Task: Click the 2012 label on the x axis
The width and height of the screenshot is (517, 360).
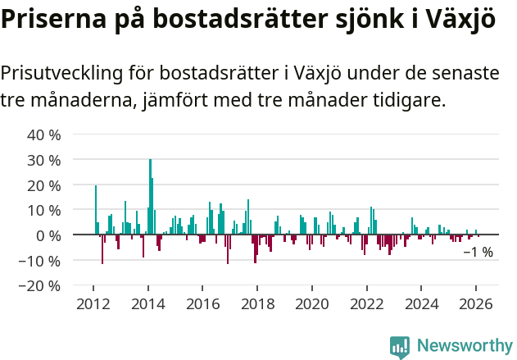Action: click(x=93, y=303)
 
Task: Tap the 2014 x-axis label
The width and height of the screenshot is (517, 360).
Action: click(x=147, y=303)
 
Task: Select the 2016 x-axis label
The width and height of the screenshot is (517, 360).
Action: click(x=202, y=303)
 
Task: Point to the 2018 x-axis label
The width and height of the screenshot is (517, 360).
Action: click(x=257, y=303)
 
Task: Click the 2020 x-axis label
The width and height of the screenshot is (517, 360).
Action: click(x=312, y=303)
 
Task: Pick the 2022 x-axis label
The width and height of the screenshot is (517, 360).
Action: click(x=367, y=303)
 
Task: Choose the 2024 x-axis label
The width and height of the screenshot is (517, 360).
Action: click(x=422, y=303)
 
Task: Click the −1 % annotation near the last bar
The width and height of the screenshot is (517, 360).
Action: click(x=478, y=253)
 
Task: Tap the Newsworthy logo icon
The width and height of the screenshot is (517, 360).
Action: click(x=400, y=346)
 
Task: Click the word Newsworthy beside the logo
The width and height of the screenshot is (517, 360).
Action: click(x=464, y=346)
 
